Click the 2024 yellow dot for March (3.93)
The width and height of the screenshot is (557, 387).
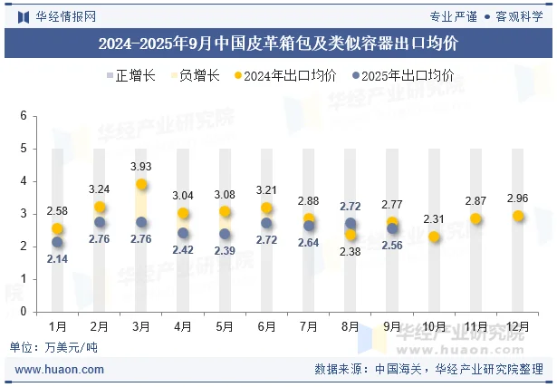(141, 184)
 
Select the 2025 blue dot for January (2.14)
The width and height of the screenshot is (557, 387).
(58, 242)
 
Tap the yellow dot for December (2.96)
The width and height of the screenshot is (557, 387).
(518, 216)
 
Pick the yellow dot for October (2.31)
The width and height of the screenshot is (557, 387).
(435, 237)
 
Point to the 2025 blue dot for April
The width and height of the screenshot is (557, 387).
(183, 233)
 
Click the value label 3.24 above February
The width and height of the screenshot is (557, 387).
(100, 189)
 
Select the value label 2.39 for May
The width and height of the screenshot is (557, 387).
(225, 250)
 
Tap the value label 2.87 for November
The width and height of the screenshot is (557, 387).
(476, 200)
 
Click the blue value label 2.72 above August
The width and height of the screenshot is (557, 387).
(350, 207)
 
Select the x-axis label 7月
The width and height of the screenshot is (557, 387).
(308, 325)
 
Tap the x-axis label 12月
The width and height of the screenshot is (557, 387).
(517, 325)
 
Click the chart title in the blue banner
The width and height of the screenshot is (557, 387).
(278, 43)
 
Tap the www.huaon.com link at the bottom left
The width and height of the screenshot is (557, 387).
(60, 370)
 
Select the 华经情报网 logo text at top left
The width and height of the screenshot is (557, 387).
(63, 15)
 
